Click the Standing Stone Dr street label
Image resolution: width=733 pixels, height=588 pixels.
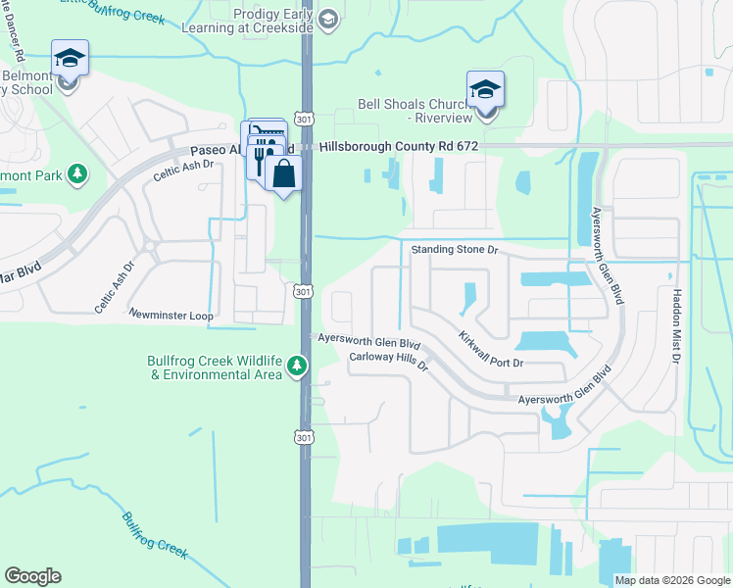tap(455, 250)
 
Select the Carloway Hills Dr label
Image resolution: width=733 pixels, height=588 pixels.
tap(390, 362)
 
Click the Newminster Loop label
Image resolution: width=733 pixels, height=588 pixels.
tap(171, 315)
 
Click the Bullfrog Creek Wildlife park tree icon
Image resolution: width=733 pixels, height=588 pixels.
tap(298, 367)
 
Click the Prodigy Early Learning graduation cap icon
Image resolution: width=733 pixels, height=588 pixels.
tap(328, 18)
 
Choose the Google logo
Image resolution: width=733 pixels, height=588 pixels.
tap(32, 576)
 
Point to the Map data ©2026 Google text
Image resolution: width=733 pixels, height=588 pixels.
tap(672, 580)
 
